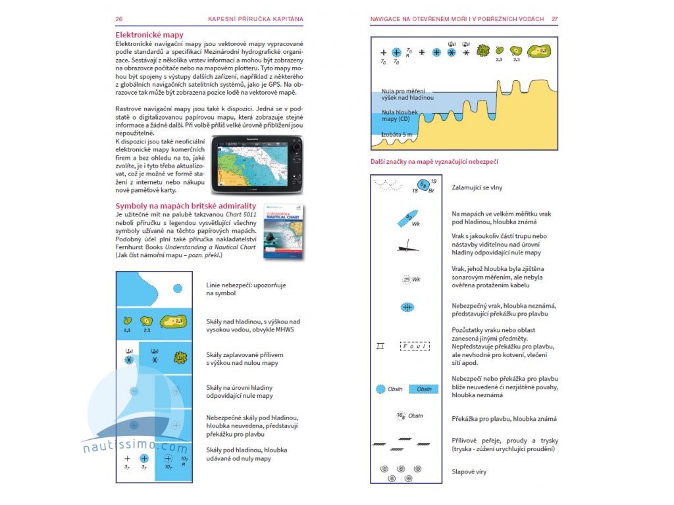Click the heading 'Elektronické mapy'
pyautogui.click(x=149, y=35)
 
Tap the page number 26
pyautogui.click(x=118, y=19)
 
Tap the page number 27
pyautogui.click(x=555, y=19)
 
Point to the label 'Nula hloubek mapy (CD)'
pyautogui.click(x=396, y=116)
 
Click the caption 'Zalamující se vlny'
pyautogui.click(x=477, y=187)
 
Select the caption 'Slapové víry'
pyautogui.click(x=469, y=471)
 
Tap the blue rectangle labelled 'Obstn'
pyautogui.click(x=424, y=389)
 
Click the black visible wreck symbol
pyautogui.click(x=408, y=247)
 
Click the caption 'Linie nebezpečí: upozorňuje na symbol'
pyautogui.click(x=241, y=289)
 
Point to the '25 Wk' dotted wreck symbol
pyautogui.click(x=411, y=279)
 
